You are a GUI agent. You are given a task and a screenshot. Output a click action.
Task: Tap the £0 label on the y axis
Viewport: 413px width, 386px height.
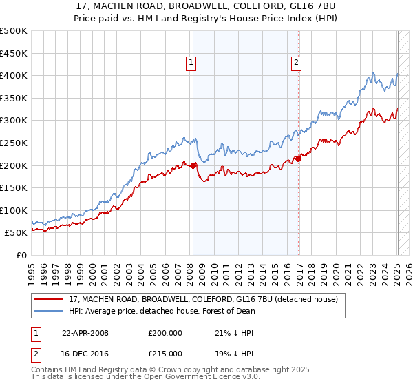click(21, 255)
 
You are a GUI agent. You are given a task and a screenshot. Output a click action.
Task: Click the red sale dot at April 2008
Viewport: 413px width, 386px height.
click(193, 165)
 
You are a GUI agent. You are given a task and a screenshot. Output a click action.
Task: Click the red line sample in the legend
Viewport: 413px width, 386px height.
click(49, 300)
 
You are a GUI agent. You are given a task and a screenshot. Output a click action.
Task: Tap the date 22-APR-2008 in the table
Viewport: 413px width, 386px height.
click(85, 333)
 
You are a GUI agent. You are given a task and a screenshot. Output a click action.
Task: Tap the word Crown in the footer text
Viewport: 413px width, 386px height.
click(153, 370)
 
